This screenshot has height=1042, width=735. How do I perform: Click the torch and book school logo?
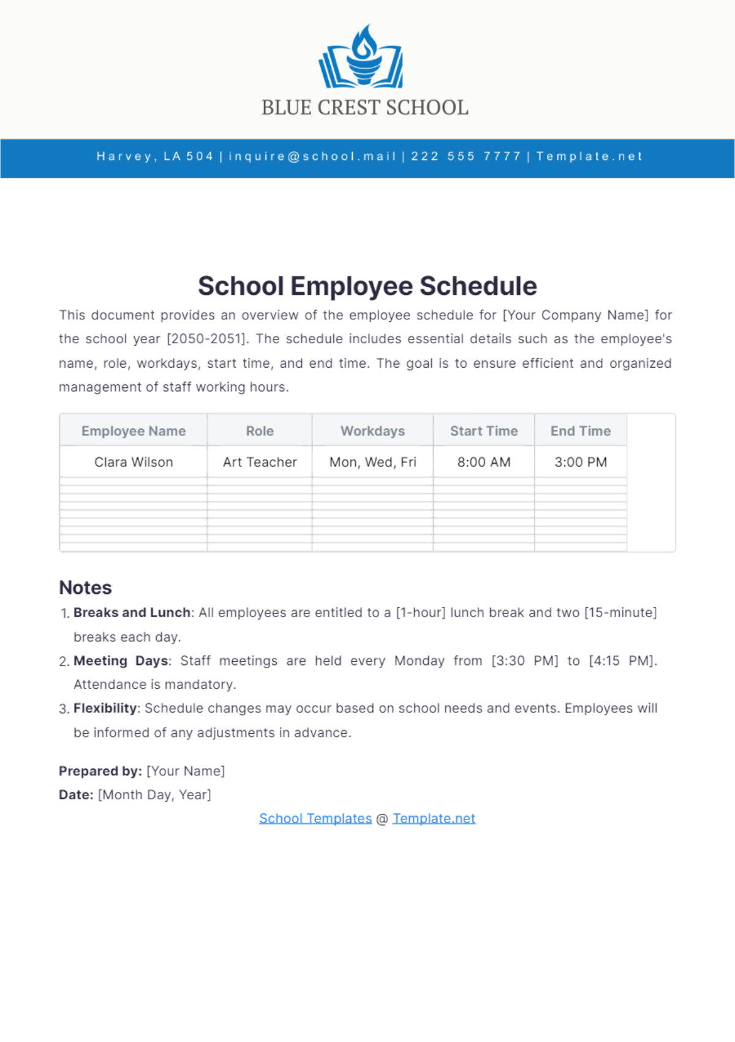361,57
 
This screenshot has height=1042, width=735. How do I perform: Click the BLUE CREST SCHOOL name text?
365,108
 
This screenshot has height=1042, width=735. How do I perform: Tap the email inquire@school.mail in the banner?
312,156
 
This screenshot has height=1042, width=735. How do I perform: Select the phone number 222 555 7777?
466,156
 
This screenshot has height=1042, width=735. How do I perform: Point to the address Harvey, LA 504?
155,156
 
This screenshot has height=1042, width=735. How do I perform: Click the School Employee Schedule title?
367,286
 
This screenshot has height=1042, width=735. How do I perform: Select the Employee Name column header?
134,431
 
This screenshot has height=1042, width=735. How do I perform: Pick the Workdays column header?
372,431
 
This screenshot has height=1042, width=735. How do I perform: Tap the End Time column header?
580,431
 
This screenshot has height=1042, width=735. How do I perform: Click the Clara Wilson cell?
134,462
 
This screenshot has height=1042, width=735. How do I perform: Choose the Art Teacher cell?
260,462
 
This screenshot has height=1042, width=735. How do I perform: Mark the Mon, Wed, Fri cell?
372,462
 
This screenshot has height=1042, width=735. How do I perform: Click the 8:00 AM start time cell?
484,462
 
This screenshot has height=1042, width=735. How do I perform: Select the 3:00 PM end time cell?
580,462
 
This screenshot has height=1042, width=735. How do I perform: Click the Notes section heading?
85,588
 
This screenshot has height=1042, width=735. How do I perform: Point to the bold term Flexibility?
105,709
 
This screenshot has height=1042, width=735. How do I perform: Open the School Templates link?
315,818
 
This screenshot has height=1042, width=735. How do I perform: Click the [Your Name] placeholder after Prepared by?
186,771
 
